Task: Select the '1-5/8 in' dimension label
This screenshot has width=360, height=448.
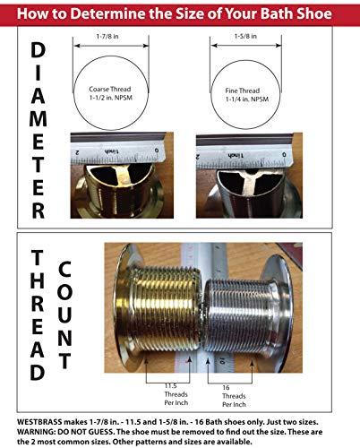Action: [249, 39]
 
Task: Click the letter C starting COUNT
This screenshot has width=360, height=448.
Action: [66, 269]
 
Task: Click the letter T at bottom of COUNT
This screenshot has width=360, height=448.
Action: [66, 361]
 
